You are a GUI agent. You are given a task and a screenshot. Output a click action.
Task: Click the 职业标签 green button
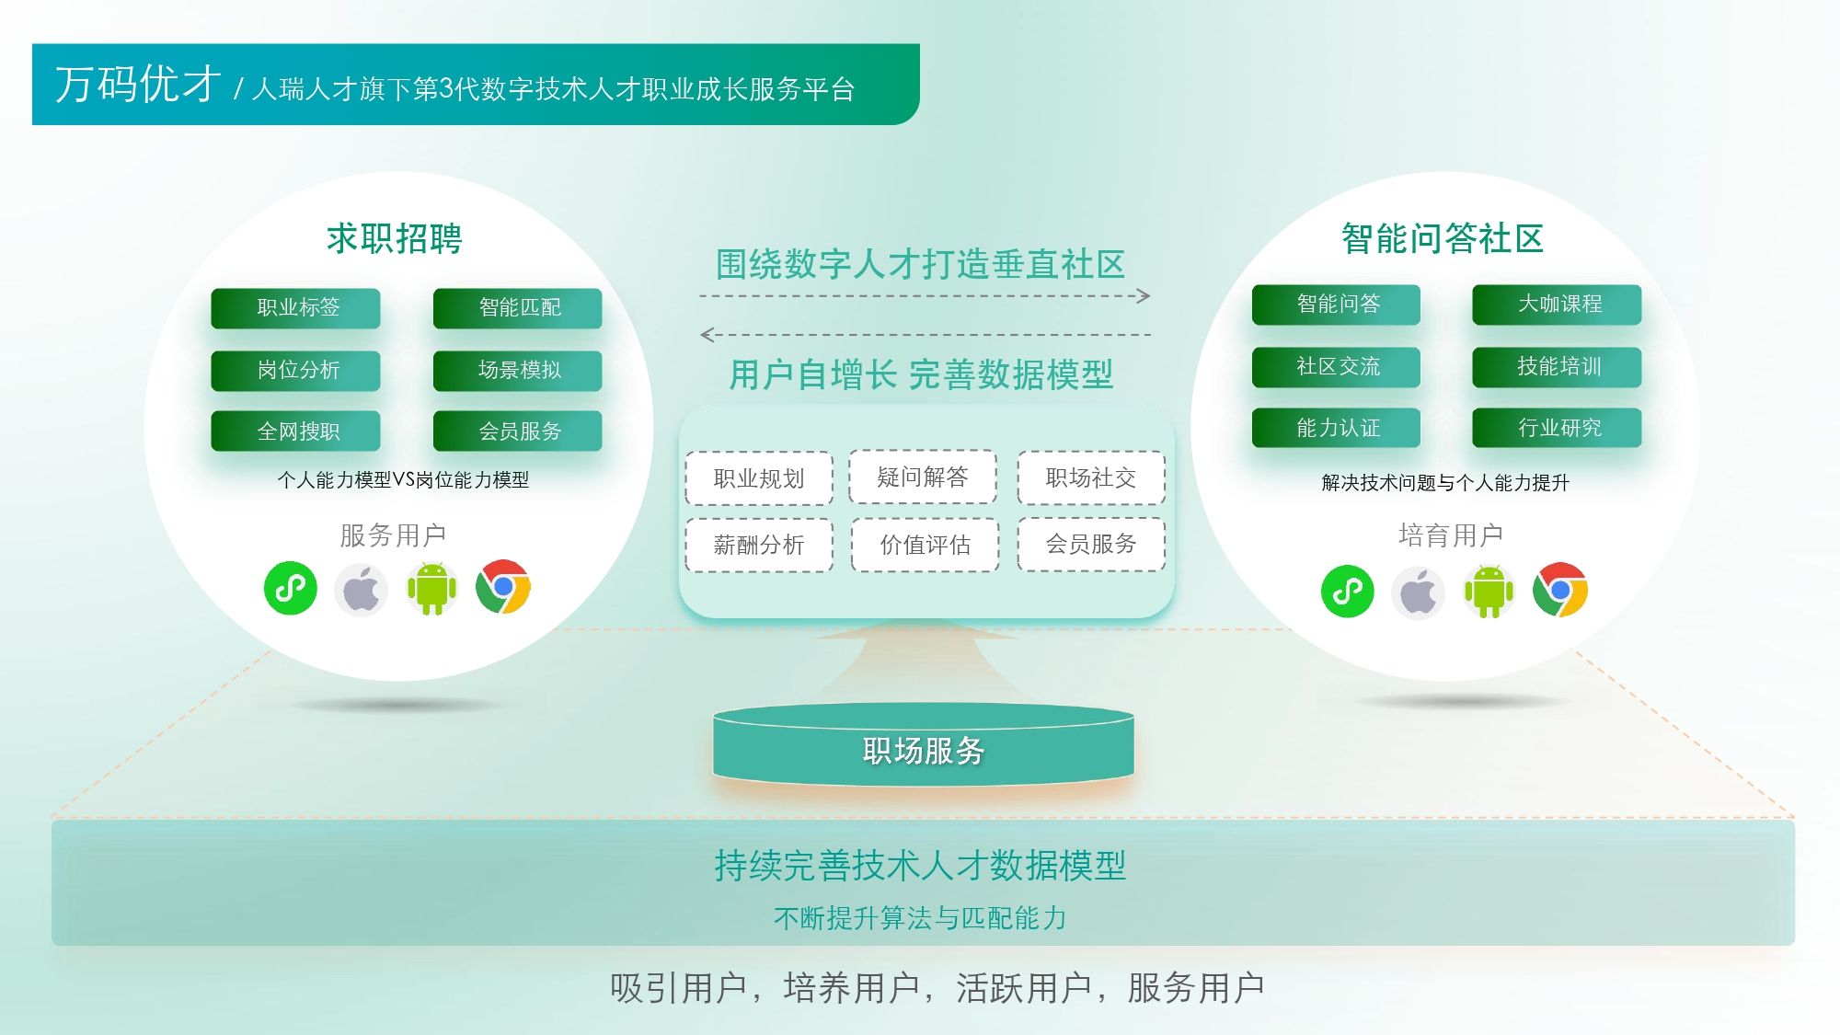coord(295,308)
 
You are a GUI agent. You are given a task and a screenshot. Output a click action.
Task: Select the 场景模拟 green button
coord(518,371)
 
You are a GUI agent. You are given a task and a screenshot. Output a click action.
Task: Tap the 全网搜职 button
coord(295,431)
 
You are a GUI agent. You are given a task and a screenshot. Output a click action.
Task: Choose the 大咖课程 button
coord(1557,305)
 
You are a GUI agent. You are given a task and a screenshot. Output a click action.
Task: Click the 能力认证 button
coord(1336,428)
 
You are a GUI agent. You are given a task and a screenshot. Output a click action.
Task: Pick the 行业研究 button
coord(1557,428)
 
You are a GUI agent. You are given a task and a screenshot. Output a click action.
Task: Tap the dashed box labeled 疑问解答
coord(923,477)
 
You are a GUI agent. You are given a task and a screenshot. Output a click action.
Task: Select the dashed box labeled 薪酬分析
coord(759,545)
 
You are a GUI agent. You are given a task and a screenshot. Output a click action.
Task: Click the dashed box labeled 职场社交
coord(1091,477)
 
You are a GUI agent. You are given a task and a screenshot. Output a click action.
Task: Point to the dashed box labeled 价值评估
coord(926,545)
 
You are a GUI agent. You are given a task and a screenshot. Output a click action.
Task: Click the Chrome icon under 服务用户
coord(503,587)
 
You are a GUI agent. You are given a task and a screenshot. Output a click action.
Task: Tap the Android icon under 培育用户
coord(1489,592)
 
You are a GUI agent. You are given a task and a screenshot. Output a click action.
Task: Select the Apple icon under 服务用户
coord(361,589)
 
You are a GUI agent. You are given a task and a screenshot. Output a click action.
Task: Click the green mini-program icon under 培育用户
coord(1348,591)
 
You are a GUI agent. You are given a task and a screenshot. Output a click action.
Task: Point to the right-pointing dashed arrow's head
coord(1144,296)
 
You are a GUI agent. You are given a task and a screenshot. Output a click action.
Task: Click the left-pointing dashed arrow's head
coord(707,335)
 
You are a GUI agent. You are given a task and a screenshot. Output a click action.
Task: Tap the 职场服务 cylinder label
coord(924,751)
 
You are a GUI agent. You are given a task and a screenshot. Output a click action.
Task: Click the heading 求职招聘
coord(395,238)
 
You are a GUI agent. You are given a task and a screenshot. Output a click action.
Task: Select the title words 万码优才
coord(138,85)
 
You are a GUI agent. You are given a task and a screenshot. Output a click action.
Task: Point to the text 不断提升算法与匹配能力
coord(920,918)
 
